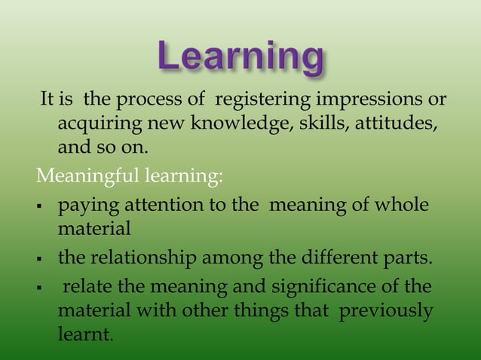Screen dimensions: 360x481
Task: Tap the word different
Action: [317, 260]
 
